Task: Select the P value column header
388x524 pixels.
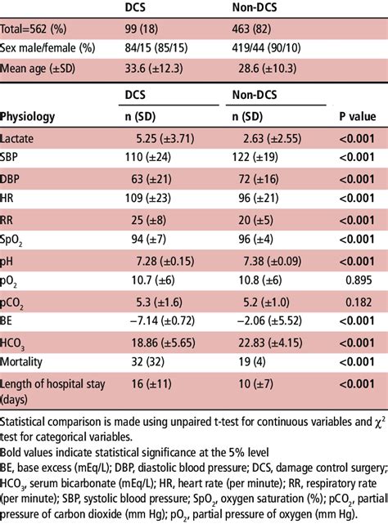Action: point(357,117)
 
